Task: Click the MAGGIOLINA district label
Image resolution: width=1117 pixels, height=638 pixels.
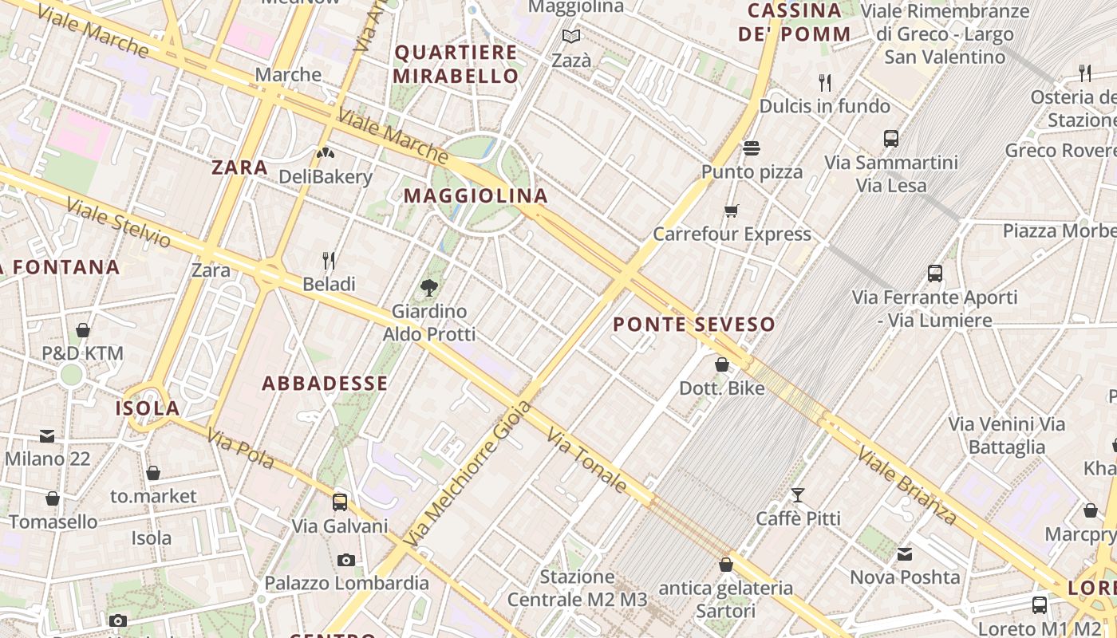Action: pos(476,195)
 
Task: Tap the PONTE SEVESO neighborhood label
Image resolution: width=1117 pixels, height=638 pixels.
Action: pos(694,325)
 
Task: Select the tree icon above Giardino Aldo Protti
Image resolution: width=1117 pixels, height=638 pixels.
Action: pos(429,287)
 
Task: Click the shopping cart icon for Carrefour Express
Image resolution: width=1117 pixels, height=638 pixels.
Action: pos(732,211)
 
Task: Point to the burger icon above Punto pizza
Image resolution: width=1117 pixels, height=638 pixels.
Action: pos(752,148)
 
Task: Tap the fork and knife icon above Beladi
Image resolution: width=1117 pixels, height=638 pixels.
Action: pos(328,260)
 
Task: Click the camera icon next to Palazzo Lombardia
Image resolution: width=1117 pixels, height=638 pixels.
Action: pos(345,560)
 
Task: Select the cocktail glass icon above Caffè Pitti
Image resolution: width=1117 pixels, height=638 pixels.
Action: pos(797,494)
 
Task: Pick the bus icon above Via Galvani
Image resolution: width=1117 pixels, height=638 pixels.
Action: pos(340,502)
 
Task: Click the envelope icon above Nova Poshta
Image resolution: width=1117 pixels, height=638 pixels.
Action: pos(905,553)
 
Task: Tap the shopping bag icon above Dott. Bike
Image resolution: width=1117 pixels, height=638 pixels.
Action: pos(722,364)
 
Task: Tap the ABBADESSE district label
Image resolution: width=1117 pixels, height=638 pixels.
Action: pos(325,384)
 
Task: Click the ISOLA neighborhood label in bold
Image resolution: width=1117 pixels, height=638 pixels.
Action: pos(148,408)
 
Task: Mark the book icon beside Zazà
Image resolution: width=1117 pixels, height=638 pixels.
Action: pos(571,36)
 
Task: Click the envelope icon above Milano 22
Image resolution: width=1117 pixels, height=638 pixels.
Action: pos(47,436)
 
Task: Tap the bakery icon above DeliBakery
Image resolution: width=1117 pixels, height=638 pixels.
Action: pos(325,152)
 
